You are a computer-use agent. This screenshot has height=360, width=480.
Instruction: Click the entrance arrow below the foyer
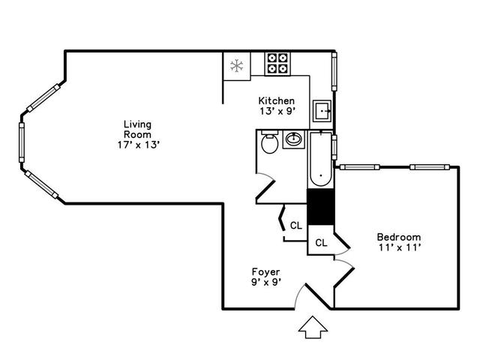point(313,327)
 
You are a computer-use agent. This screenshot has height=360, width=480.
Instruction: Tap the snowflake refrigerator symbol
point(237,66)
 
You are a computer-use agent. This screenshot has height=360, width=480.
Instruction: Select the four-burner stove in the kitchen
point(277,63)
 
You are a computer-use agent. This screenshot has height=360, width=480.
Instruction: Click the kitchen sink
point(322,111)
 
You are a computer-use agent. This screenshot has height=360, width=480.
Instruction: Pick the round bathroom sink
point(293,139)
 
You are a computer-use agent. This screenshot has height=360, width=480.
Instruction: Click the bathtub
point(321,159)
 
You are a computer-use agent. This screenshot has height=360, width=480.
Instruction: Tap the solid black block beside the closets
point(320,207)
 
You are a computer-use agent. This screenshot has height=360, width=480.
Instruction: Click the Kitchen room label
point(277,100)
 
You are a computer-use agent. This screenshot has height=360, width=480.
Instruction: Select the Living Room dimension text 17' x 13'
point(139,145)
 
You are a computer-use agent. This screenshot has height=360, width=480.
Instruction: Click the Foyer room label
point(265,271)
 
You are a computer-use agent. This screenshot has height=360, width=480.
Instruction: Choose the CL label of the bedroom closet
point(321,243)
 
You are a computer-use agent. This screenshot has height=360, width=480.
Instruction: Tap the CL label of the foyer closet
point(296,226)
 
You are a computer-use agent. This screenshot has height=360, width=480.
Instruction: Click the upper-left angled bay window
point(43,98)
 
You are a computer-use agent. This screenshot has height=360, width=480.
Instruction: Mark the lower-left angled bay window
point(41,184)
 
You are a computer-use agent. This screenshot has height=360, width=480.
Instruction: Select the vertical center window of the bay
point(22,142)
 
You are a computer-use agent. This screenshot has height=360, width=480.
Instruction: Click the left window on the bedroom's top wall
point(360,167)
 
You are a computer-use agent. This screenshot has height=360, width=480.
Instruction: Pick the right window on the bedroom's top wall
point(430,167)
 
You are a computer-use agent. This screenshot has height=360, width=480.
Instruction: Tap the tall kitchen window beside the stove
point(334,72)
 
